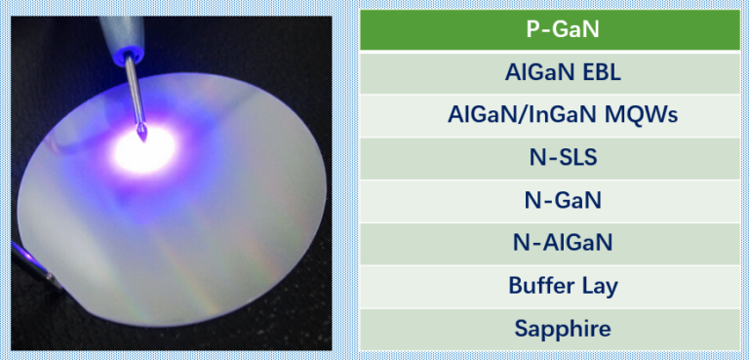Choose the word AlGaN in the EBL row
pyautogui.click(x=537, y=72)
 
